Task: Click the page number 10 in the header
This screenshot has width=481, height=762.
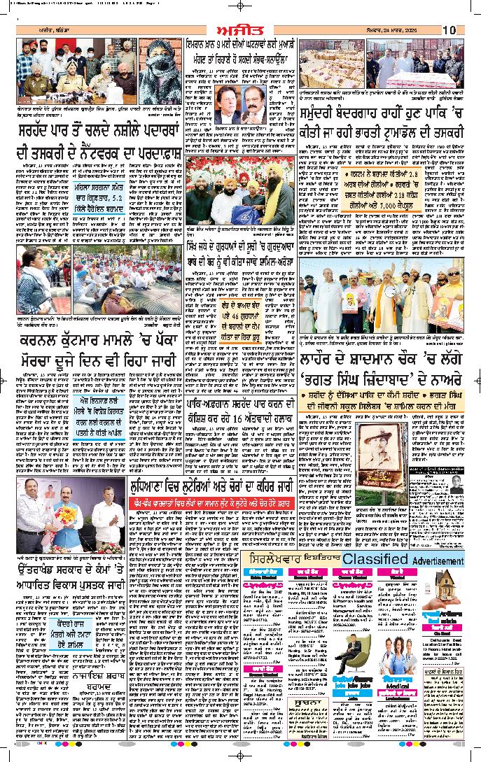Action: coord(449,30)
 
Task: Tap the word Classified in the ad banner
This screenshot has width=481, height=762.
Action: coord(375,560)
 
